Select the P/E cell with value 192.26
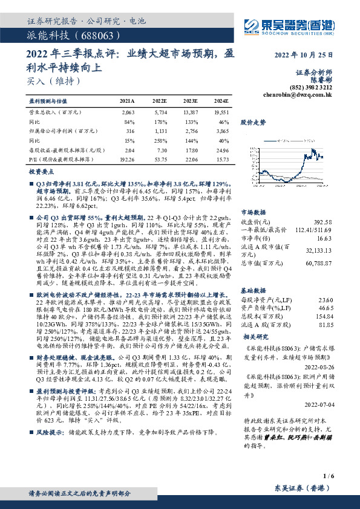pyautogui.click(x=126, y=158)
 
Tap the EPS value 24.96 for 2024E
pyautogui.click(x=221, y=149)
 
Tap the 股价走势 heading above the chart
pyautogui.click(x=253, y=123)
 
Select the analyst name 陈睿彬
pyautogui.click(x=322, y=79)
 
